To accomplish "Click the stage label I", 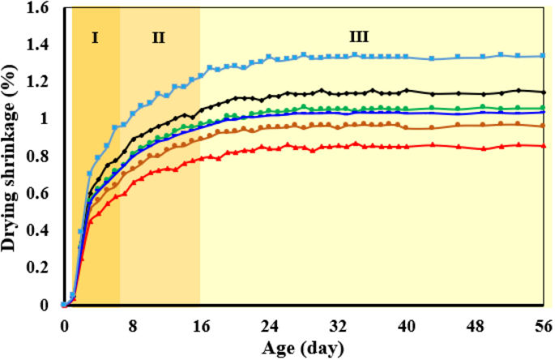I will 95,36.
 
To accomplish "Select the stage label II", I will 158,36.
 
